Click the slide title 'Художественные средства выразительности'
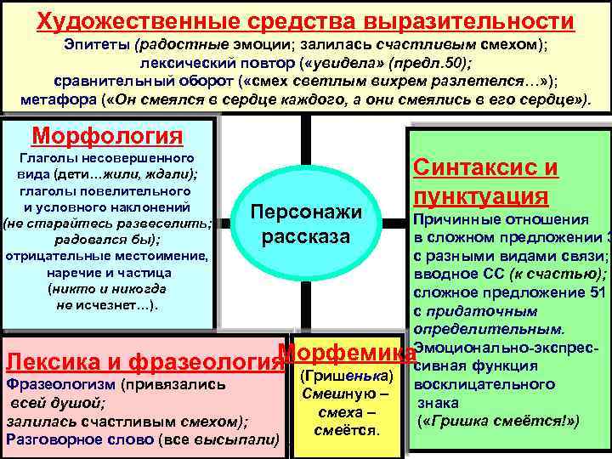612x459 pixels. [x=305, y=20]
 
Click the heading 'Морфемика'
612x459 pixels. [x=346, y=351]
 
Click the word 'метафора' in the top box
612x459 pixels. [x=57, y=99]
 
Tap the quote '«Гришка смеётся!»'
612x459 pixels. [x=497, y=420]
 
